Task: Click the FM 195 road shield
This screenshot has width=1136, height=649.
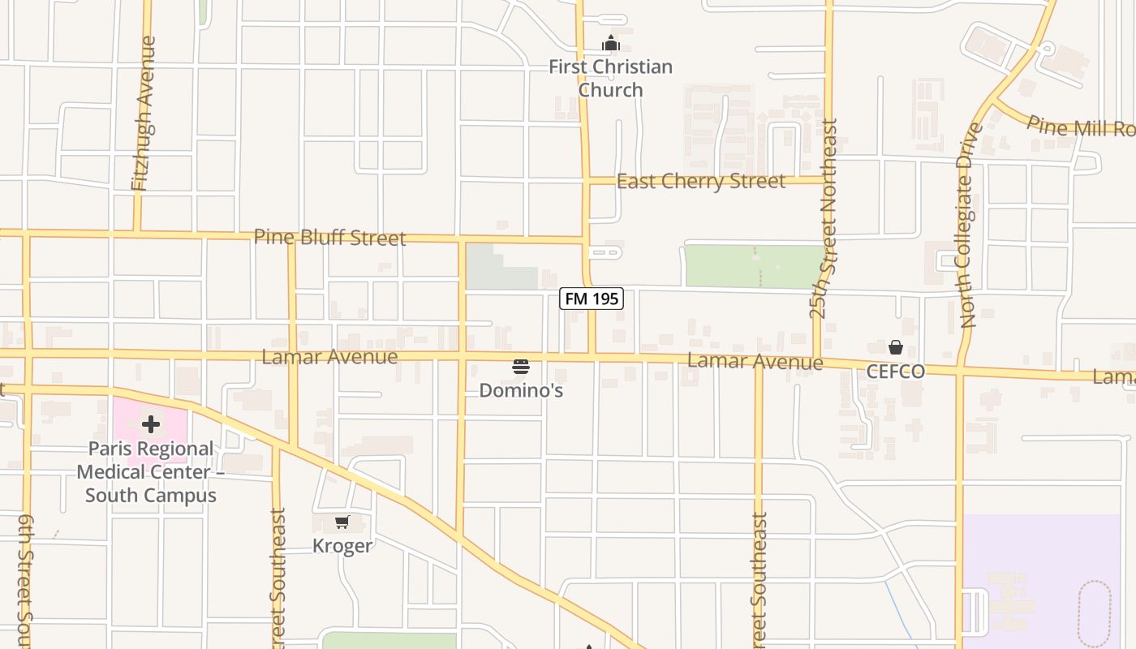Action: coord(592,299)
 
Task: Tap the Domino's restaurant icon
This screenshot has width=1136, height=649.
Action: coord(521,367)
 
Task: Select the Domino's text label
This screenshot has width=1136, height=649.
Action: coord(521,390)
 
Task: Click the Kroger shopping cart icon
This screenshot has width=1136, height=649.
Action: coord(342,522)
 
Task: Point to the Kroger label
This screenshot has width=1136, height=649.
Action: coord(342,546)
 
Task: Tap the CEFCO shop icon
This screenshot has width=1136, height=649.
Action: coord(896,348)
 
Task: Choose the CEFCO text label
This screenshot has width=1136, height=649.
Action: coord(896,372)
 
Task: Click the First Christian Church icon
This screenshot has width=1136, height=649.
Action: coord(611,44)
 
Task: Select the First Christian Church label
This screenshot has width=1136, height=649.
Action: coord(611,78)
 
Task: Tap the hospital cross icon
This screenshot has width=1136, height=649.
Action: coord(151,424)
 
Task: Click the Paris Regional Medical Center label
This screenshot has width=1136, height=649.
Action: coord(151,472)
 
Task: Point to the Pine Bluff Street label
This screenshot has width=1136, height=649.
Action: coord(329,238)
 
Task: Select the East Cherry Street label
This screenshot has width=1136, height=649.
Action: coord(701,181)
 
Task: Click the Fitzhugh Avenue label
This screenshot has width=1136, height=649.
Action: coord(144,114)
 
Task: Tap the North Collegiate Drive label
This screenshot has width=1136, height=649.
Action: coord(968,226)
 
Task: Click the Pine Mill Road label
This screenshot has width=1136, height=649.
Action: coord(1080,127)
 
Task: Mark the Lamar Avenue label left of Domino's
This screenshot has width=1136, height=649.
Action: coord(329,357)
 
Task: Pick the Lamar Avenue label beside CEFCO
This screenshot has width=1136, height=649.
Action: coord(755,361)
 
